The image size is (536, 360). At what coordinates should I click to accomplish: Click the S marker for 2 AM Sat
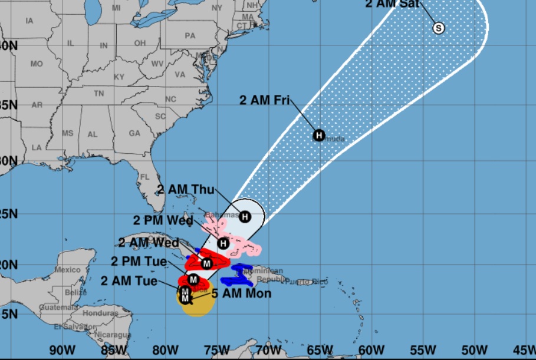438,28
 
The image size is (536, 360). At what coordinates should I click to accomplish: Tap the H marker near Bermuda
319,136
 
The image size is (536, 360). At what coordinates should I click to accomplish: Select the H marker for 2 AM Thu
245,217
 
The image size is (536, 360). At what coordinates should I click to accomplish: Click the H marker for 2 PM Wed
223,243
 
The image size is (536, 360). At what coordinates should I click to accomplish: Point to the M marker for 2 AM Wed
207,263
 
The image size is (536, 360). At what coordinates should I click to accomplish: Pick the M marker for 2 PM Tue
193,279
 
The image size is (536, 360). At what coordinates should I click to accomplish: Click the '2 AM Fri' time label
264,100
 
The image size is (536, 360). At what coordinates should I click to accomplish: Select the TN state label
98,93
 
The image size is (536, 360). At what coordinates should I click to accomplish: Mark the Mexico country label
67,269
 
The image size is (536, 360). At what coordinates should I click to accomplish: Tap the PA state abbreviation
189,35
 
